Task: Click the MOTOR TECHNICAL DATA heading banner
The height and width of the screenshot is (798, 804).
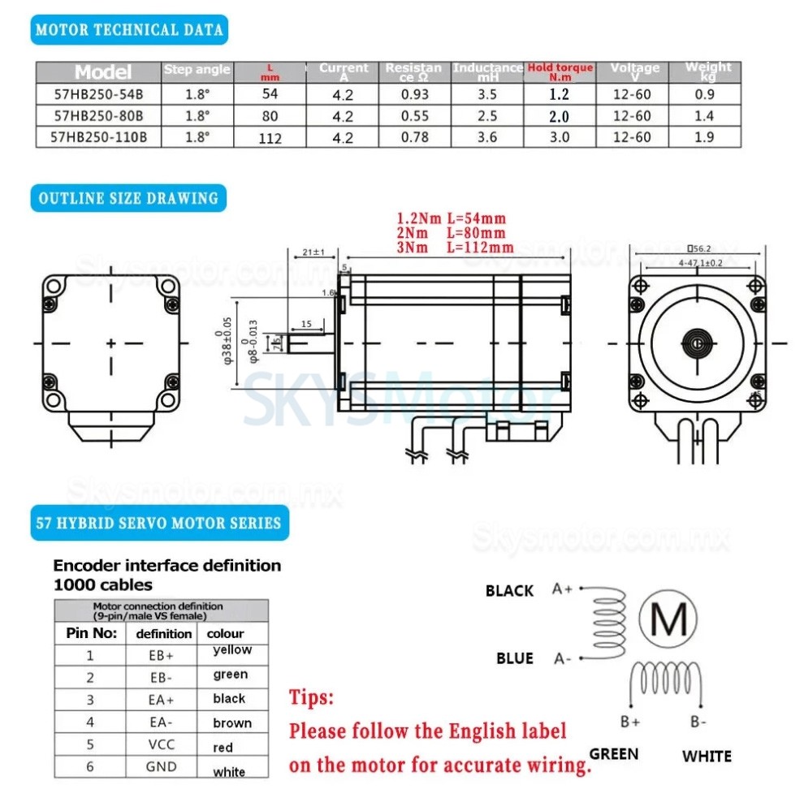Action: coord(130,30)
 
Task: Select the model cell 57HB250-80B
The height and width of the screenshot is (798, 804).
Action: coord(98,116)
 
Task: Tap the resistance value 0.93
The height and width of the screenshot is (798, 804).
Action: coord(414,94)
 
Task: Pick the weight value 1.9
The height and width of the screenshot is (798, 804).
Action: coord(704,137)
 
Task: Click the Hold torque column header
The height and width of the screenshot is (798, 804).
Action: coord(560,71)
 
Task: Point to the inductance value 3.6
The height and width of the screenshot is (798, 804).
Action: coord(487,137)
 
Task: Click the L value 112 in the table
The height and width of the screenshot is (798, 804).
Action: coord(270,138)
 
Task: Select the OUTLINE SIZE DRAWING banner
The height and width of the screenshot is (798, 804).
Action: coord(128,198)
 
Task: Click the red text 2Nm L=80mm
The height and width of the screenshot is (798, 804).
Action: coord(451,233)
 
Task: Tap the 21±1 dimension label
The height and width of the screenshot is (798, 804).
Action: coord(313,252)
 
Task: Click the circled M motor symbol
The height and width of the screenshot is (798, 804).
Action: coord(668,621)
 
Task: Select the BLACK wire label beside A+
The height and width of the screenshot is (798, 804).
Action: coord(509,590)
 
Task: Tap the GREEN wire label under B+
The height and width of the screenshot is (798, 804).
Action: coord(614,753)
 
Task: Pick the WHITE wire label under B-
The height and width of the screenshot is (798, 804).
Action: coord(707,756)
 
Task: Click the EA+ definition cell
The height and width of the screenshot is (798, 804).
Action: coord(162,699)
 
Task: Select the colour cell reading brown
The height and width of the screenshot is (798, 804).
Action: coord(232,723)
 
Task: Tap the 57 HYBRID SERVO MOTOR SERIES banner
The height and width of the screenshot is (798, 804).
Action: coord(159,523)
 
